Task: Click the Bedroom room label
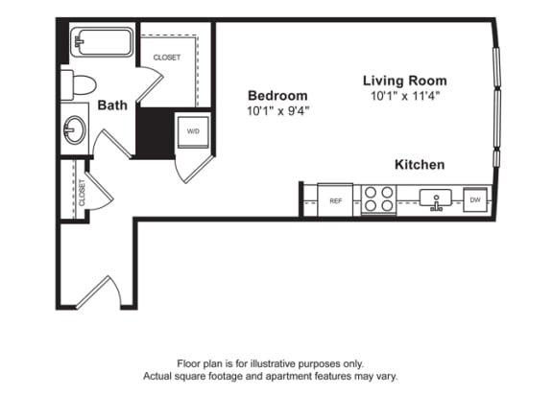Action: (277, 95)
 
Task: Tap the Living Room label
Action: (404, 81)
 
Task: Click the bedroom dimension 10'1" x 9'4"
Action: (277, 110)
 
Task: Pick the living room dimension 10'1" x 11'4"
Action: (404, 96)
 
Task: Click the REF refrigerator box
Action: (336, 201)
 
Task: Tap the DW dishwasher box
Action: (474, 200)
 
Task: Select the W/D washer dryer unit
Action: (192, 131)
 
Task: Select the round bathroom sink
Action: (74, 129)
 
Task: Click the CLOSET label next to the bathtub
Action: (167, 58)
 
